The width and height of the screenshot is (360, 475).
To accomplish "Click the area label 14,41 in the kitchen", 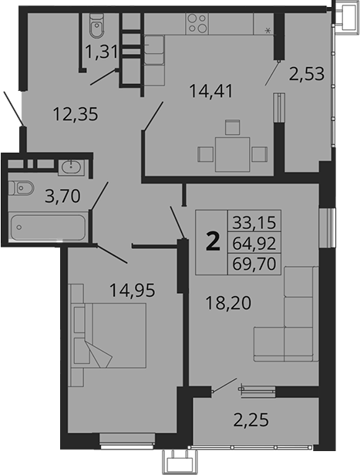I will (x=210, y=89).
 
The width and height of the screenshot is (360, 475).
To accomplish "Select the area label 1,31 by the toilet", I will (x=100, y=52).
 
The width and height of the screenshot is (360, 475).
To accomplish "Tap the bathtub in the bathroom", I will (x=48, y=227).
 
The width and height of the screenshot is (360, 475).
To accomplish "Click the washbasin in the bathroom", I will (x=72, y=166).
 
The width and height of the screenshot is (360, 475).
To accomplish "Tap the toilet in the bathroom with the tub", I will (x=22, y=187).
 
